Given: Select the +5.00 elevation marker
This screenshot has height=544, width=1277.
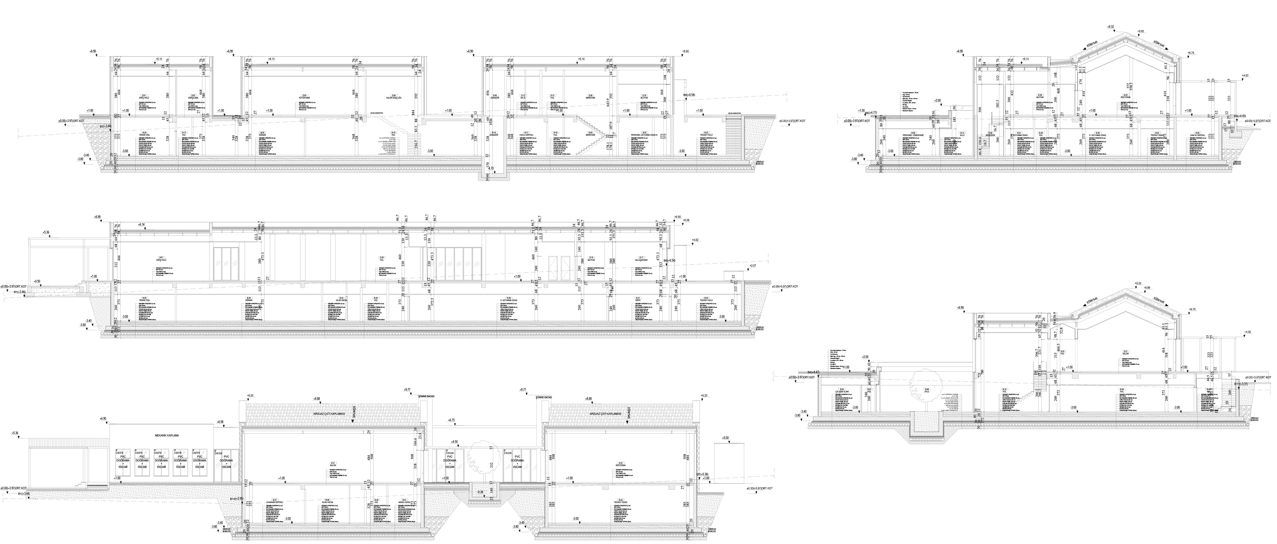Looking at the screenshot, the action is [x=726, y=439].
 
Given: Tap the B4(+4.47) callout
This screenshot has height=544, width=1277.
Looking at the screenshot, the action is [x=815, y=372].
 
